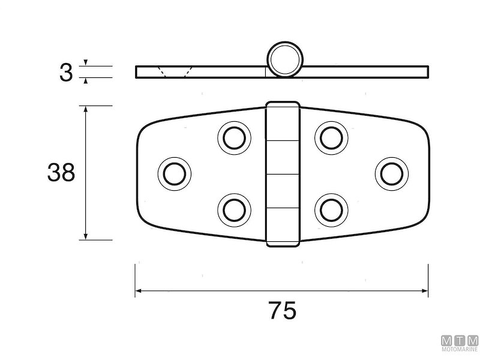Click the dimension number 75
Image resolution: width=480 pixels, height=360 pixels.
point(282,310)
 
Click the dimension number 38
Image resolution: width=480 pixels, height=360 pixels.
point(61,172)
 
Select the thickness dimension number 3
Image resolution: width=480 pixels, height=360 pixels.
point(66,73)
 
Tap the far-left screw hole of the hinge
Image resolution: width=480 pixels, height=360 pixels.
point(175,174)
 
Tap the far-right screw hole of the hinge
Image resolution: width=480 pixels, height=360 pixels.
point(392,174)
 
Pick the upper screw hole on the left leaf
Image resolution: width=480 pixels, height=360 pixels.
point(234,138)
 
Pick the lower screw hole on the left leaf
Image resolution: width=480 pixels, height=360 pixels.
point(234,211)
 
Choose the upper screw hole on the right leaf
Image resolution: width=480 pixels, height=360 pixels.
point(331,138)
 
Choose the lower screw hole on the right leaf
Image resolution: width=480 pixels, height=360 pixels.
point(331,211)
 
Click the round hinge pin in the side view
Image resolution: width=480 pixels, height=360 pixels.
point(283,59)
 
